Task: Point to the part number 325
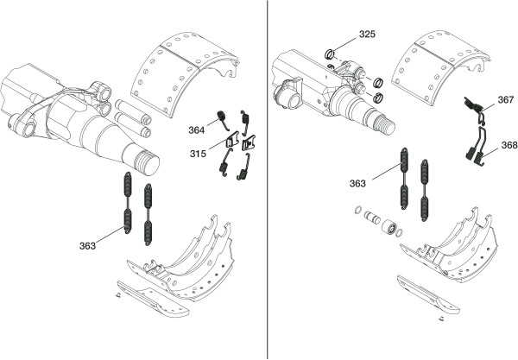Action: pyautogui.click(x=368, y=34)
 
